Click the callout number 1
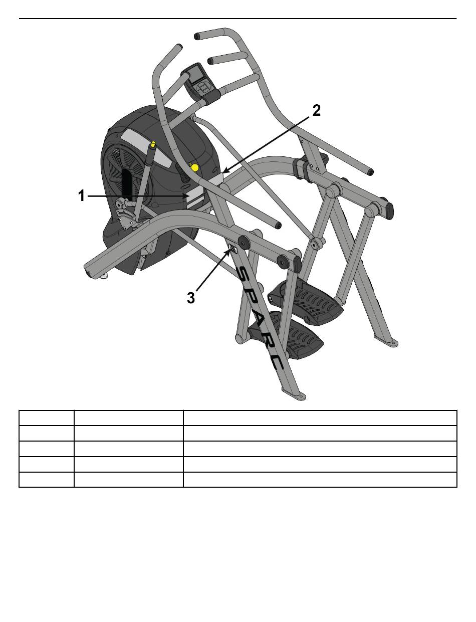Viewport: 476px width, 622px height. click(82, 196)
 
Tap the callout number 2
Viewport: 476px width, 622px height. click(316, 110)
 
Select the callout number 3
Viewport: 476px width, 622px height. click(191, 298)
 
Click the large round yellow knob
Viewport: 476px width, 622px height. click(194, 167)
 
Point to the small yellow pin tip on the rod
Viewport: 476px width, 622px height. click(154, 143)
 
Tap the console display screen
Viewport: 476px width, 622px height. click(196, 74)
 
